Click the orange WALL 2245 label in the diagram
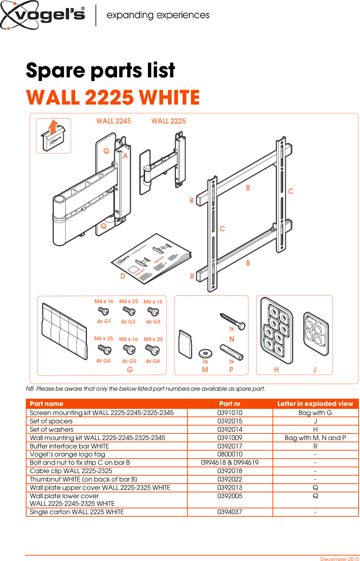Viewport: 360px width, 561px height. click(x=113, y=121)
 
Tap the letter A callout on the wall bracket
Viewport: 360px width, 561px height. click(x=125, y=156)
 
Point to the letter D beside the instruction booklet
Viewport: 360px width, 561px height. click(x=123, y=276)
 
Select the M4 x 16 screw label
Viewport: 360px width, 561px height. click(x=104, y=301)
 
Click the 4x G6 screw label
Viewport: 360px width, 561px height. click(x=153, y=361)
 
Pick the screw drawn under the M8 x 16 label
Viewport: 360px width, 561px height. click(x=129, y=349)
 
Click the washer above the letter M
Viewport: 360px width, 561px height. click(x=205, y=353)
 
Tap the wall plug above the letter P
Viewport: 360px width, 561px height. click(x=231, y=352)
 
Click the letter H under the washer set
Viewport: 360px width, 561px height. click(x=276, y=370)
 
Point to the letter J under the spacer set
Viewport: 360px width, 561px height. click(x=315, y=370)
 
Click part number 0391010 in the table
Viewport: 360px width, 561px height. click(x=230, y=413)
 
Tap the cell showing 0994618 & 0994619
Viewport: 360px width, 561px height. click(x=230, y=463)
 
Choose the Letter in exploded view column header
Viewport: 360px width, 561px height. click(x=315, y=404)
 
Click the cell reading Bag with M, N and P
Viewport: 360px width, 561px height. click(x=315, y=438)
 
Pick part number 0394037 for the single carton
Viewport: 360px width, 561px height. click(x=230, y=512)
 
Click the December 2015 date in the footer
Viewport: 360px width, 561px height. click(x=339, y=559)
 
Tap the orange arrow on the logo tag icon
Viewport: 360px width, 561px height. click(x=53, y=127)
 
